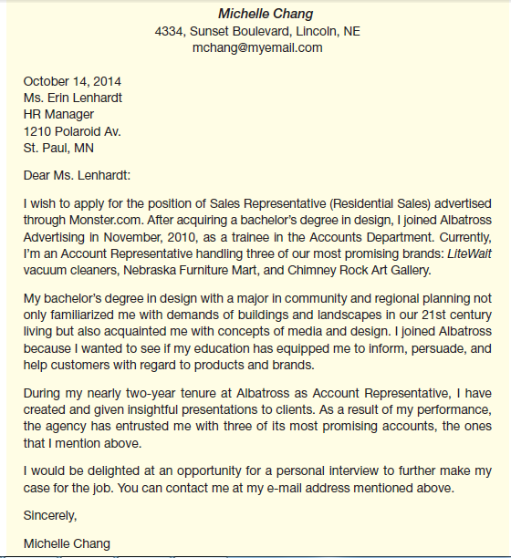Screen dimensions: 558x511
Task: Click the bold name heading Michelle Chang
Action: tap(266, 14)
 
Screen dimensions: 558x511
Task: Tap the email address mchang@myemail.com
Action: tap(257, 47)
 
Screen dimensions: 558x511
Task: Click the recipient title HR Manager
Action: tap(58, 114)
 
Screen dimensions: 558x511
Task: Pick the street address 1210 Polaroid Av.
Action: tap(72, 131)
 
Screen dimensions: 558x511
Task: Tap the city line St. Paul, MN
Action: tap(58, 148)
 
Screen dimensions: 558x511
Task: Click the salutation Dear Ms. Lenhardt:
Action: tap(77, 175)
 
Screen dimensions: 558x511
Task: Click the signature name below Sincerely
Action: tap(68, 543)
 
